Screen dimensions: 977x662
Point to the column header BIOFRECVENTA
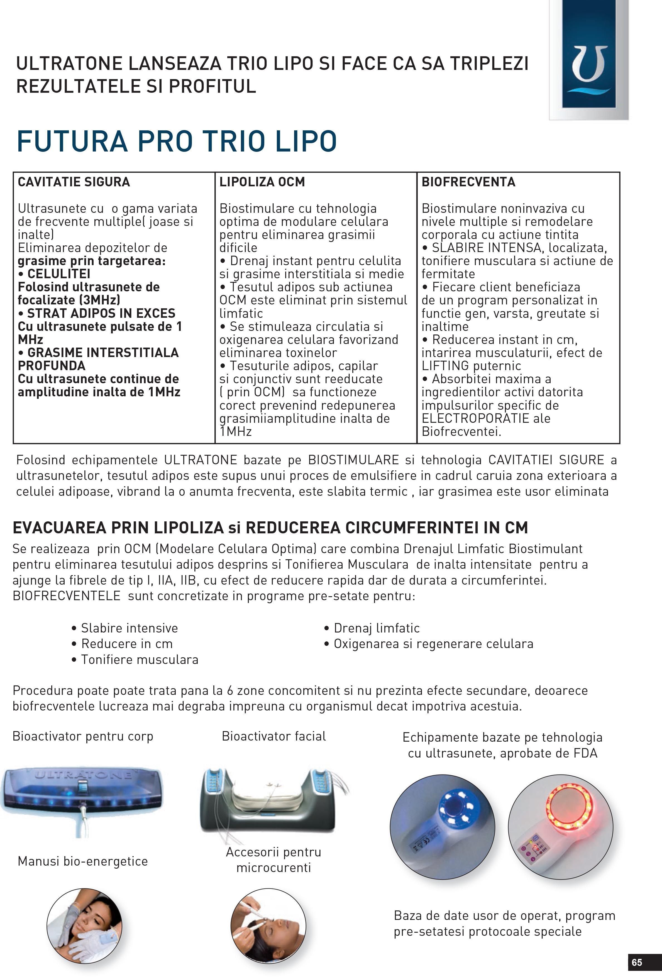click(x=468, y=182)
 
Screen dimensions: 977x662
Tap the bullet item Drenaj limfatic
click(x=376, y=628)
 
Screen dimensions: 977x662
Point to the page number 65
click(x=636, y=962)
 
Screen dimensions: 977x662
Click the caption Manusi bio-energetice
click(x=83, y=861)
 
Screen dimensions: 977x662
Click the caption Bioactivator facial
click(x=273, y=736)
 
